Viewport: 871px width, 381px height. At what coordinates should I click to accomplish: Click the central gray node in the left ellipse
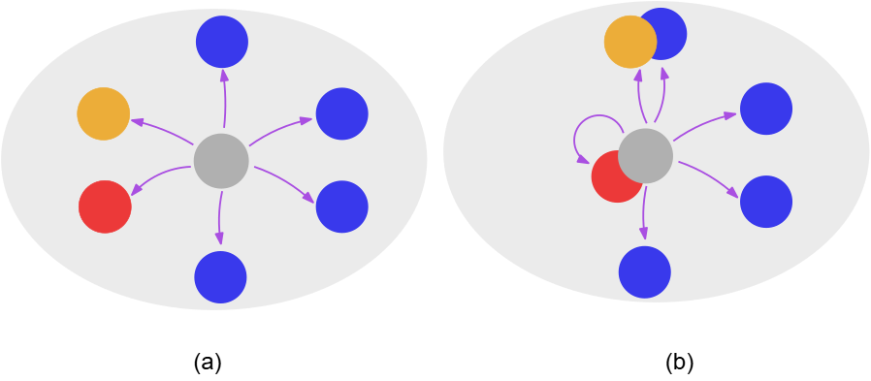pos(221,161)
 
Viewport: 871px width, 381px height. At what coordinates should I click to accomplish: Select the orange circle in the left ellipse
pos(104,113)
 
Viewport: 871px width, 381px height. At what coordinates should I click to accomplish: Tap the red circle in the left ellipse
pos(105,206)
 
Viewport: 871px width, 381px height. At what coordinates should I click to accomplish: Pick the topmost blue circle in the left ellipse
pos(222,42)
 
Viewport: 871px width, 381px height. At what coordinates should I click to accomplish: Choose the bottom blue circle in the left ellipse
pos(220,277)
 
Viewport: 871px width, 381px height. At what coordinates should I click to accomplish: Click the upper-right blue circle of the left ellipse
pos(341,113)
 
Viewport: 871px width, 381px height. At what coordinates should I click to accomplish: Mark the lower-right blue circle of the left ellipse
pos(341,206)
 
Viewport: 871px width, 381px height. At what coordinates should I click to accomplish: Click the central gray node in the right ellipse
pos(646,155)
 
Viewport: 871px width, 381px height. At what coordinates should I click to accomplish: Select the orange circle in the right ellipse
pos(629,42)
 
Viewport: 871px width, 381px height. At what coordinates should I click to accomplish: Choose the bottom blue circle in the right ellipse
pos(645,272)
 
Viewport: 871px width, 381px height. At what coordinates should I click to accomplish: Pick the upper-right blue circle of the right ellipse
pos(766,109)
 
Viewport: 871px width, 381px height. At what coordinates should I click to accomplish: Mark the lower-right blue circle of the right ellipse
pos(766,202)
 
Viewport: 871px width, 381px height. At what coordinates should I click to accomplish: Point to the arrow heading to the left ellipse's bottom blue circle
pos(220,218)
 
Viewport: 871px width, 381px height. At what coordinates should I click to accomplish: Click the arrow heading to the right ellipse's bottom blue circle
pos(643,213)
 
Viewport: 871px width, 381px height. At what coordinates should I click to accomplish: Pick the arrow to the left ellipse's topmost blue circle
pos(224,98)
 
